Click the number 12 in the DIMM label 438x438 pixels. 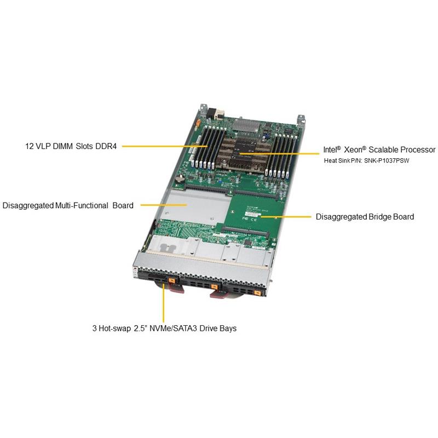pyautogui.click(x=30, y=146)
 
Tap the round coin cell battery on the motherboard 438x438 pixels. pyautogui.click(x=179, y=178)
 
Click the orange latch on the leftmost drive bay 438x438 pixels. pyautogui.click(x=172, y=282)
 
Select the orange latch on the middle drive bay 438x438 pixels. pyautogui.click(x=213, y=286)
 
